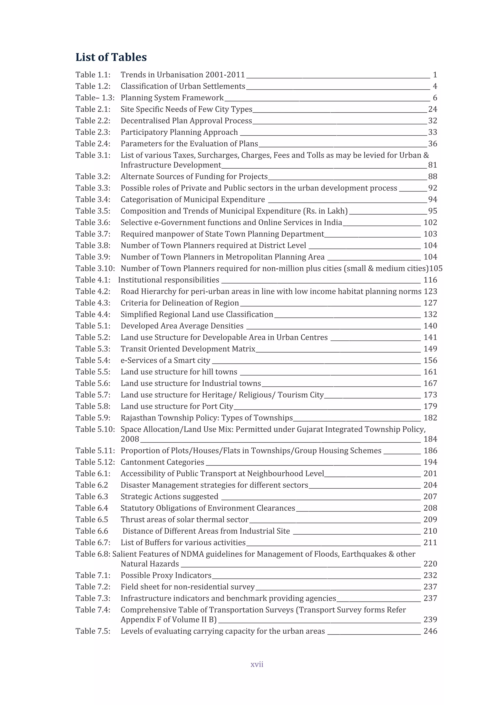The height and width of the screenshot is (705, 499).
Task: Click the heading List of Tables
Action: [x=111, y=57]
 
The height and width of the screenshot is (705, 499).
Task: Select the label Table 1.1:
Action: [x=93, y=75]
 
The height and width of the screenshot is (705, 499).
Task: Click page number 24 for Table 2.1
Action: [x=432, y=109]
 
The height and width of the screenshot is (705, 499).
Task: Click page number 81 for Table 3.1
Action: [x=432, y=165]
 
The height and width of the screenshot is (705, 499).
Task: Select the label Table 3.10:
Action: [x=95, y=269]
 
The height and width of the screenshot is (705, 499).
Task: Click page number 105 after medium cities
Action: [x=436, y=269]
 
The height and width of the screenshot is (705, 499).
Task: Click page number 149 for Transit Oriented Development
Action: [x=430, y=349]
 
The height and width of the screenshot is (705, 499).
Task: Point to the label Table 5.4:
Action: [x=93, y=360]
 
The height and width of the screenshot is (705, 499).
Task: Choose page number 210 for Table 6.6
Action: [x=430, y=531]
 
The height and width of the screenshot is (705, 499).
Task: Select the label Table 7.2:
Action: [x=93, y=587]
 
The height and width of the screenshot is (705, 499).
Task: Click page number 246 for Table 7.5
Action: [x=430, y=631]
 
